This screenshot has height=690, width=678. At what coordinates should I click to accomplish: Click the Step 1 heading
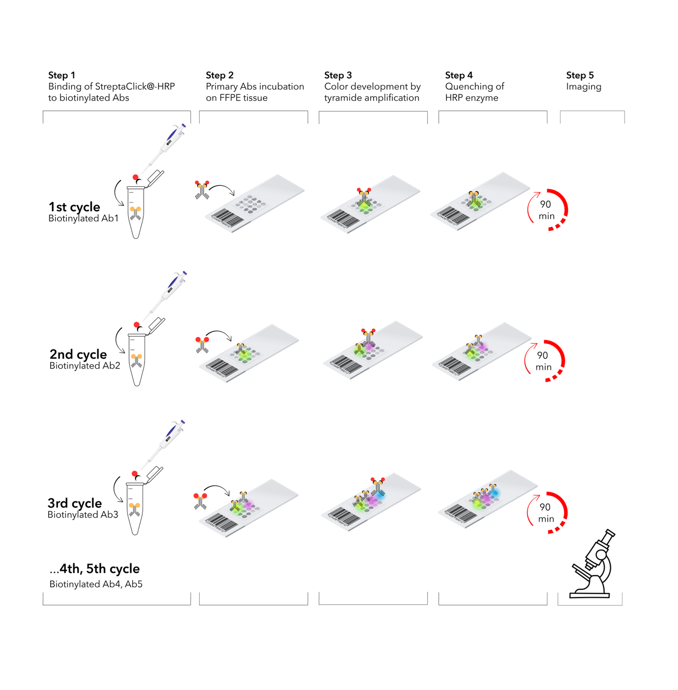click(61, 75)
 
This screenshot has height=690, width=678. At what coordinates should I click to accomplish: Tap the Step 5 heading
click(580, 75)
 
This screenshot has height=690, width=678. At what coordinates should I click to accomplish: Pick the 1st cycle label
click(74, 207)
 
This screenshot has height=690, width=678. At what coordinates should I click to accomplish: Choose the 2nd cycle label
click(78, 354)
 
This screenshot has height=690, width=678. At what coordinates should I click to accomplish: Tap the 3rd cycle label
click(75, 503)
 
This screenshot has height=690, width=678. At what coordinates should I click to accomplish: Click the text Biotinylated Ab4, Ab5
click(96, 584)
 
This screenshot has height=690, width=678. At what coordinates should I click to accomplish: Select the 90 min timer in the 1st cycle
click(547, 210)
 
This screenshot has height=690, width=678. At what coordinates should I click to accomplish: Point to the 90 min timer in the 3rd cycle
click(546, 513)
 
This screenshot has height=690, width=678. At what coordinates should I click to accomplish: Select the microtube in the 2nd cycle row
click(137, 359)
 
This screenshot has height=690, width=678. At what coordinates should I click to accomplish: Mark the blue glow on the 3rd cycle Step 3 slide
click(380, 495)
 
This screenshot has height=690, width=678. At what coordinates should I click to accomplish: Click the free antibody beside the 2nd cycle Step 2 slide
click(202, 345)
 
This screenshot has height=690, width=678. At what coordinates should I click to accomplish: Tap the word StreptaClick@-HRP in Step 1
click(135, 86)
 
